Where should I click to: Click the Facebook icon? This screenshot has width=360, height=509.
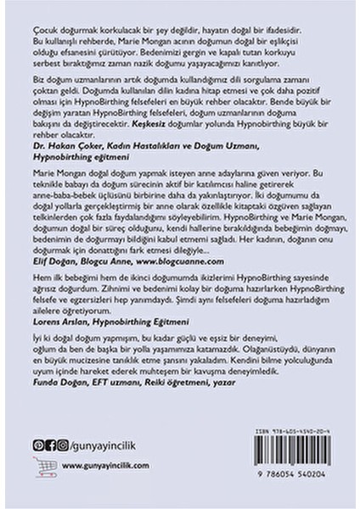pyautogui.click(x=50, y=445)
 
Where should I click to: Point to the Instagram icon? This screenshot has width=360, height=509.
pyautogui.click(x=61, y=445)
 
